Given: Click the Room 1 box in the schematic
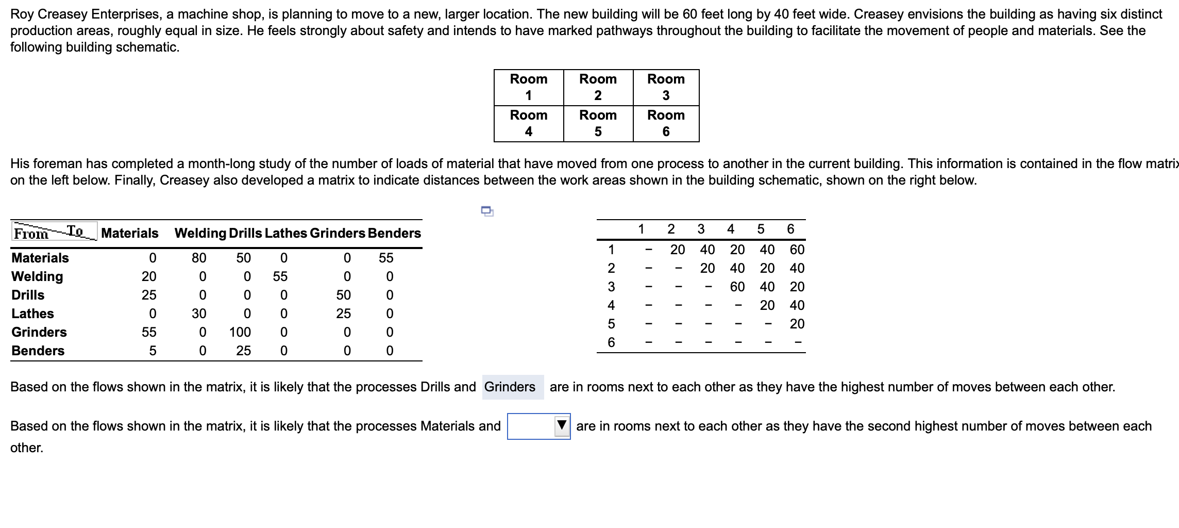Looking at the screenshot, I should click(529, 87).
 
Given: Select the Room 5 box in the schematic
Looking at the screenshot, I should click(598, 123).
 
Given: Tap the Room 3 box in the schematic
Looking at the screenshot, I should click(666, 87).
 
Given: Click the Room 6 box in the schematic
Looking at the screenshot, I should click(666, 123).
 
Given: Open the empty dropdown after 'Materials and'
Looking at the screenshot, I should click(539, 426).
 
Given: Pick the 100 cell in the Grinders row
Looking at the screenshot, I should click(240, 332).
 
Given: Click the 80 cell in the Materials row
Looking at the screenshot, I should click(199, 258).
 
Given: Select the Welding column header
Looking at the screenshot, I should click(200, 233).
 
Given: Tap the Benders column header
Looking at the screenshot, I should click(394, 233).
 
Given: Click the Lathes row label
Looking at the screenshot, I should click(33, 313).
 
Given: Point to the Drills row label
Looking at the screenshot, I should click(28, 295).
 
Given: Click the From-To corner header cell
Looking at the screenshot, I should click(54, 232).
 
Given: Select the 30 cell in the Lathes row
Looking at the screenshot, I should click(199, 313).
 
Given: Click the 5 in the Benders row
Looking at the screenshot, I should click(153, 351).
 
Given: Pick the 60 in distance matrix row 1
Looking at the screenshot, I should click(797, 250).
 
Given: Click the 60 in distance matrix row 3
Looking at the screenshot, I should click(737, 287).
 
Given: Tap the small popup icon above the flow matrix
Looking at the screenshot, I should click(487, 210).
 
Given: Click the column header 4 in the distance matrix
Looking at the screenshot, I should click(731, 229).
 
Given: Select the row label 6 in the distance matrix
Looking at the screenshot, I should click(611, 342).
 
